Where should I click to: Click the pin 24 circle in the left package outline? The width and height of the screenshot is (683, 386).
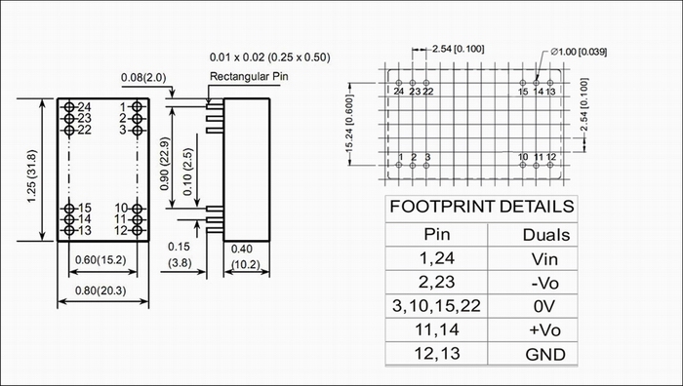(69, 107)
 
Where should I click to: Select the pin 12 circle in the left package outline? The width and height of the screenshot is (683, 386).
(137, 231)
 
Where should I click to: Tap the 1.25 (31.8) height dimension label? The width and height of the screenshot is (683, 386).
(32, 176)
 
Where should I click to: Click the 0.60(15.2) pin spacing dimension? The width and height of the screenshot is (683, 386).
(100, 260)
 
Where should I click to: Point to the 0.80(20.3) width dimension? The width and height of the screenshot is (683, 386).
(100, 290)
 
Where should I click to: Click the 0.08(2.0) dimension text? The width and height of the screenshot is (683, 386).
(143, 77)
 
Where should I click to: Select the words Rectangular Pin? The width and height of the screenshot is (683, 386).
(249, 77)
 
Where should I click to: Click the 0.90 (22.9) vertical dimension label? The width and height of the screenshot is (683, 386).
(165, 164)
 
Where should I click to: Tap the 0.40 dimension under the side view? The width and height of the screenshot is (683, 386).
(241, 249)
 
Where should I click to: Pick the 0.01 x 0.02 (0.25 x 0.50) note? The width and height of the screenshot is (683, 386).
(269, 57)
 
